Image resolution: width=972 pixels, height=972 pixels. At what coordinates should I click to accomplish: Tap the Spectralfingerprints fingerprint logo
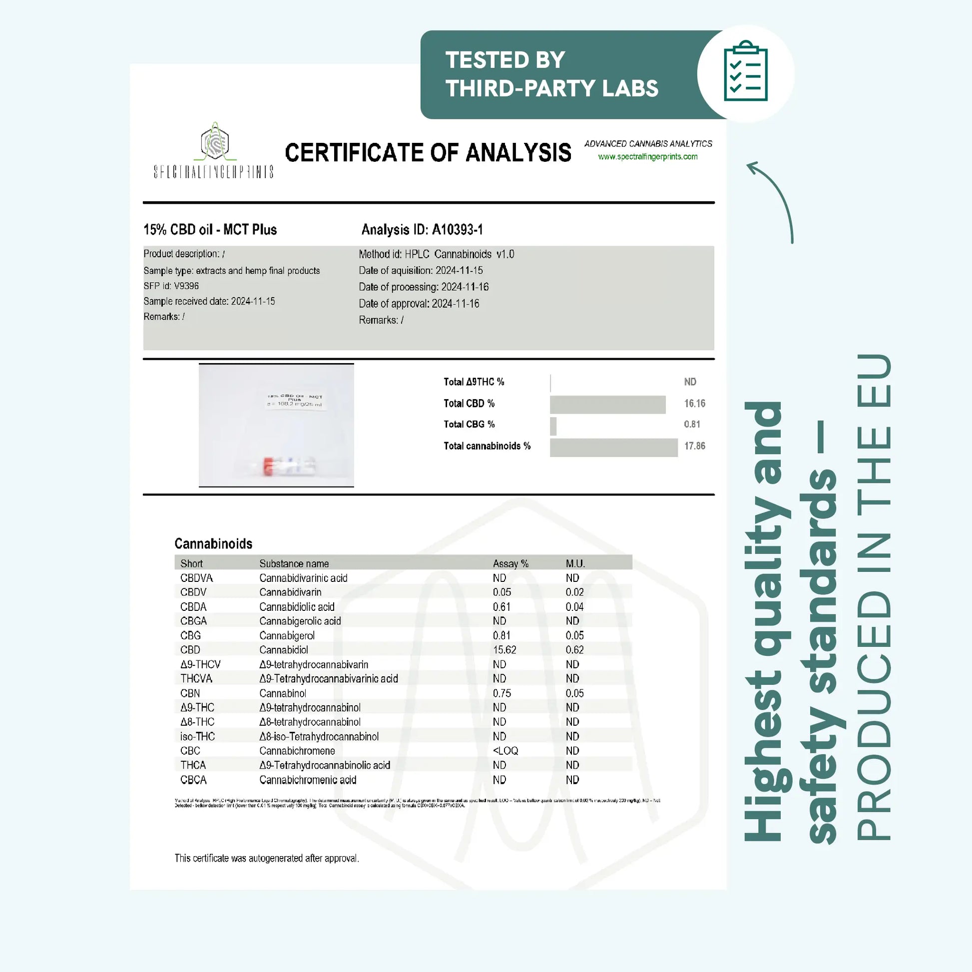215,142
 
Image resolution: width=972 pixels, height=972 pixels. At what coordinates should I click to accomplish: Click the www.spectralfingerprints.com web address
647,156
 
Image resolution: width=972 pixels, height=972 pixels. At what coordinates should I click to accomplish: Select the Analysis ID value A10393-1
458,230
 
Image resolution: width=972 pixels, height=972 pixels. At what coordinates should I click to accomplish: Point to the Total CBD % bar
607,405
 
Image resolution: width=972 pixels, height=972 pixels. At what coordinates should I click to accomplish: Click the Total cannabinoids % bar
613,447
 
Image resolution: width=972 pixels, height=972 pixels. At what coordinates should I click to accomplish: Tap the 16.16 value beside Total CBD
694,404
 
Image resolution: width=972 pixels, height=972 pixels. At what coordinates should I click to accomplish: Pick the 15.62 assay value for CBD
504,649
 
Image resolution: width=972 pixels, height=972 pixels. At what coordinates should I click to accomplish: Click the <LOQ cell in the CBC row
505,751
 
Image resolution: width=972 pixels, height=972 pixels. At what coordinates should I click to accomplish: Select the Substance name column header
294,563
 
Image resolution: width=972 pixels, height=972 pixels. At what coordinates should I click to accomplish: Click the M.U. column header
575,563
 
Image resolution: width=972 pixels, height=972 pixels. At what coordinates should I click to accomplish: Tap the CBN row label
190,693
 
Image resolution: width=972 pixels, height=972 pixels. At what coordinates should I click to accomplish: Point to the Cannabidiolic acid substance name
297,607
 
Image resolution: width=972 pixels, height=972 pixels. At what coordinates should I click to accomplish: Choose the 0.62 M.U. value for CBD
574,649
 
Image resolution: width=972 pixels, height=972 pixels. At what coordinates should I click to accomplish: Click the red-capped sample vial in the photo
289,466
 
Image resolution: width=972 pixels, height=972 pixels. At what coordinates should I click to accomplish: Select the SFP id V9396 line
171,286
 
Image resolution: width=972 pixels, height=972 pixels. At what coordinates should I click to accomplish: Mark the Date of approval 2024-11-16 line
419,303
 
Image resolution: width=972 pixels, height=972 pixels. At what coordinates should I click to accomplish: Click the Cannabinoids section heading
213,543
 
